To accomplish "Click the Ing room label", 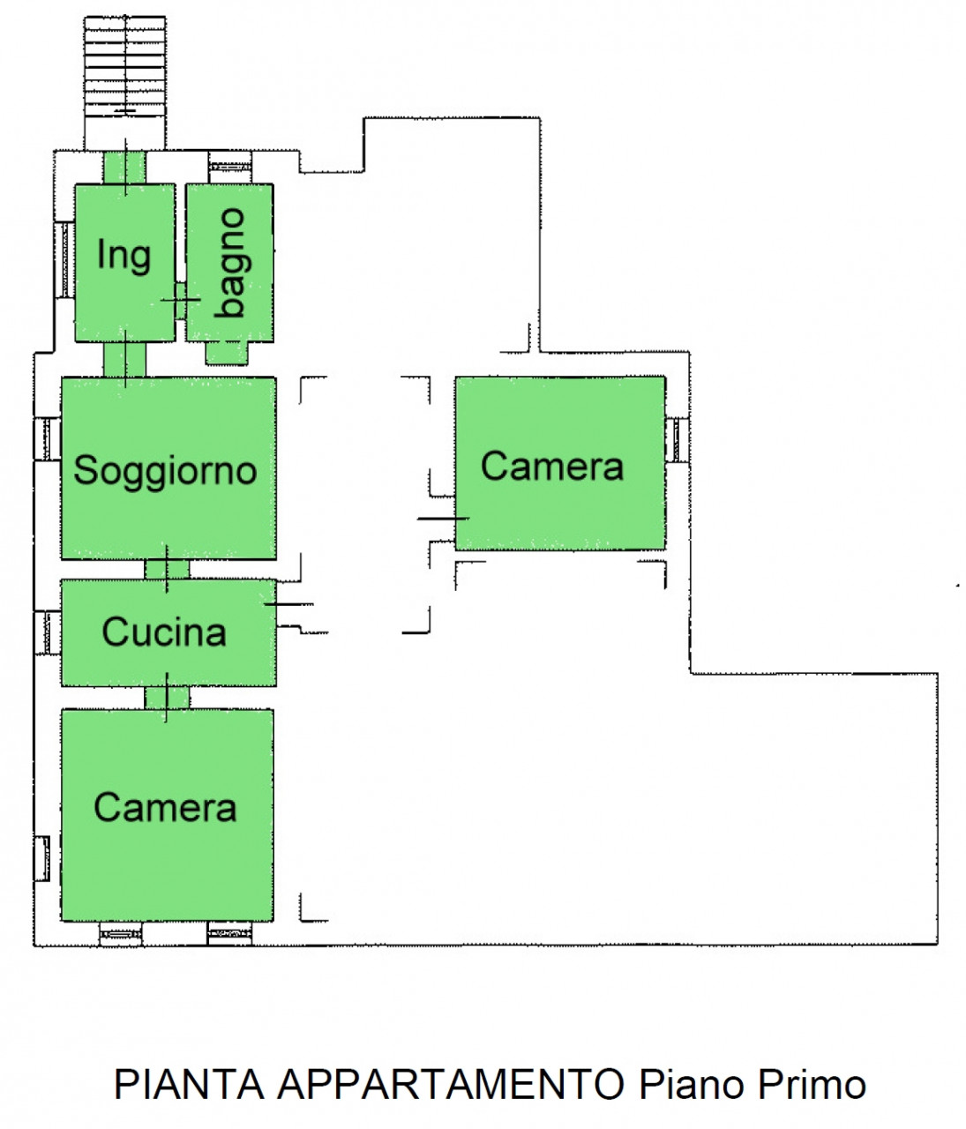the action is [124, 256].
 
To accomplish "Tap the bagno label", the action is [230, 263].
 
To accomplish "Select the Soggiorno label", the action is [165, 470].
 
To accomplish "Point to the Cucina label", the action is [164, 632].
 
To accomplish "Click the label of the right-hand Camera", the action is [552, 466].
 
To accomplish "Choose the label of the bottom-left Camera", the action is [165, 807].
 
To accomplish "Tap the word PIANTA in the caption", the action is [189, 1085].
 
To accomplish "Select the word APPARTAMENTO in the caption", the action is [451, 1085].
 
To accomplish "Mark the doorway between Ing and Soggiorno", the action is [124, 359].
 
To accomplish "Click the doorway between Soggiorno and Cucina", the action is [168, 569].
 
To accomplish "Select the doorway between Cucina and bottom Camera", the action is [168, 698].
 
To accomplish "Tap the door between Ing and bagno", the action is [180, 301].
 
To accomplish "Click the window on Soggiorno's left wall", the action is [48, 438].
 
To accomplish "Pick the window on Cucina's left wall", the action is [48, 632].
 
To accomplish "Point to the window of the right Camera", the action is [677, 440].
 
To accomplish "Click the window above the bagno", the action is [230, 167].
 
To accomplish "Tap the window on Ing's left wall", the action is [64, 260].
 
